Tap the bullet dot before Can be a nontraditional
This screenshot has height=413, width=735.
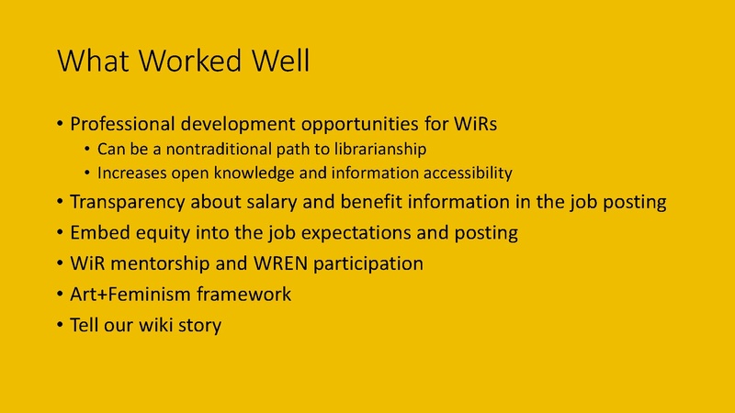(x=88, y=149)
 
